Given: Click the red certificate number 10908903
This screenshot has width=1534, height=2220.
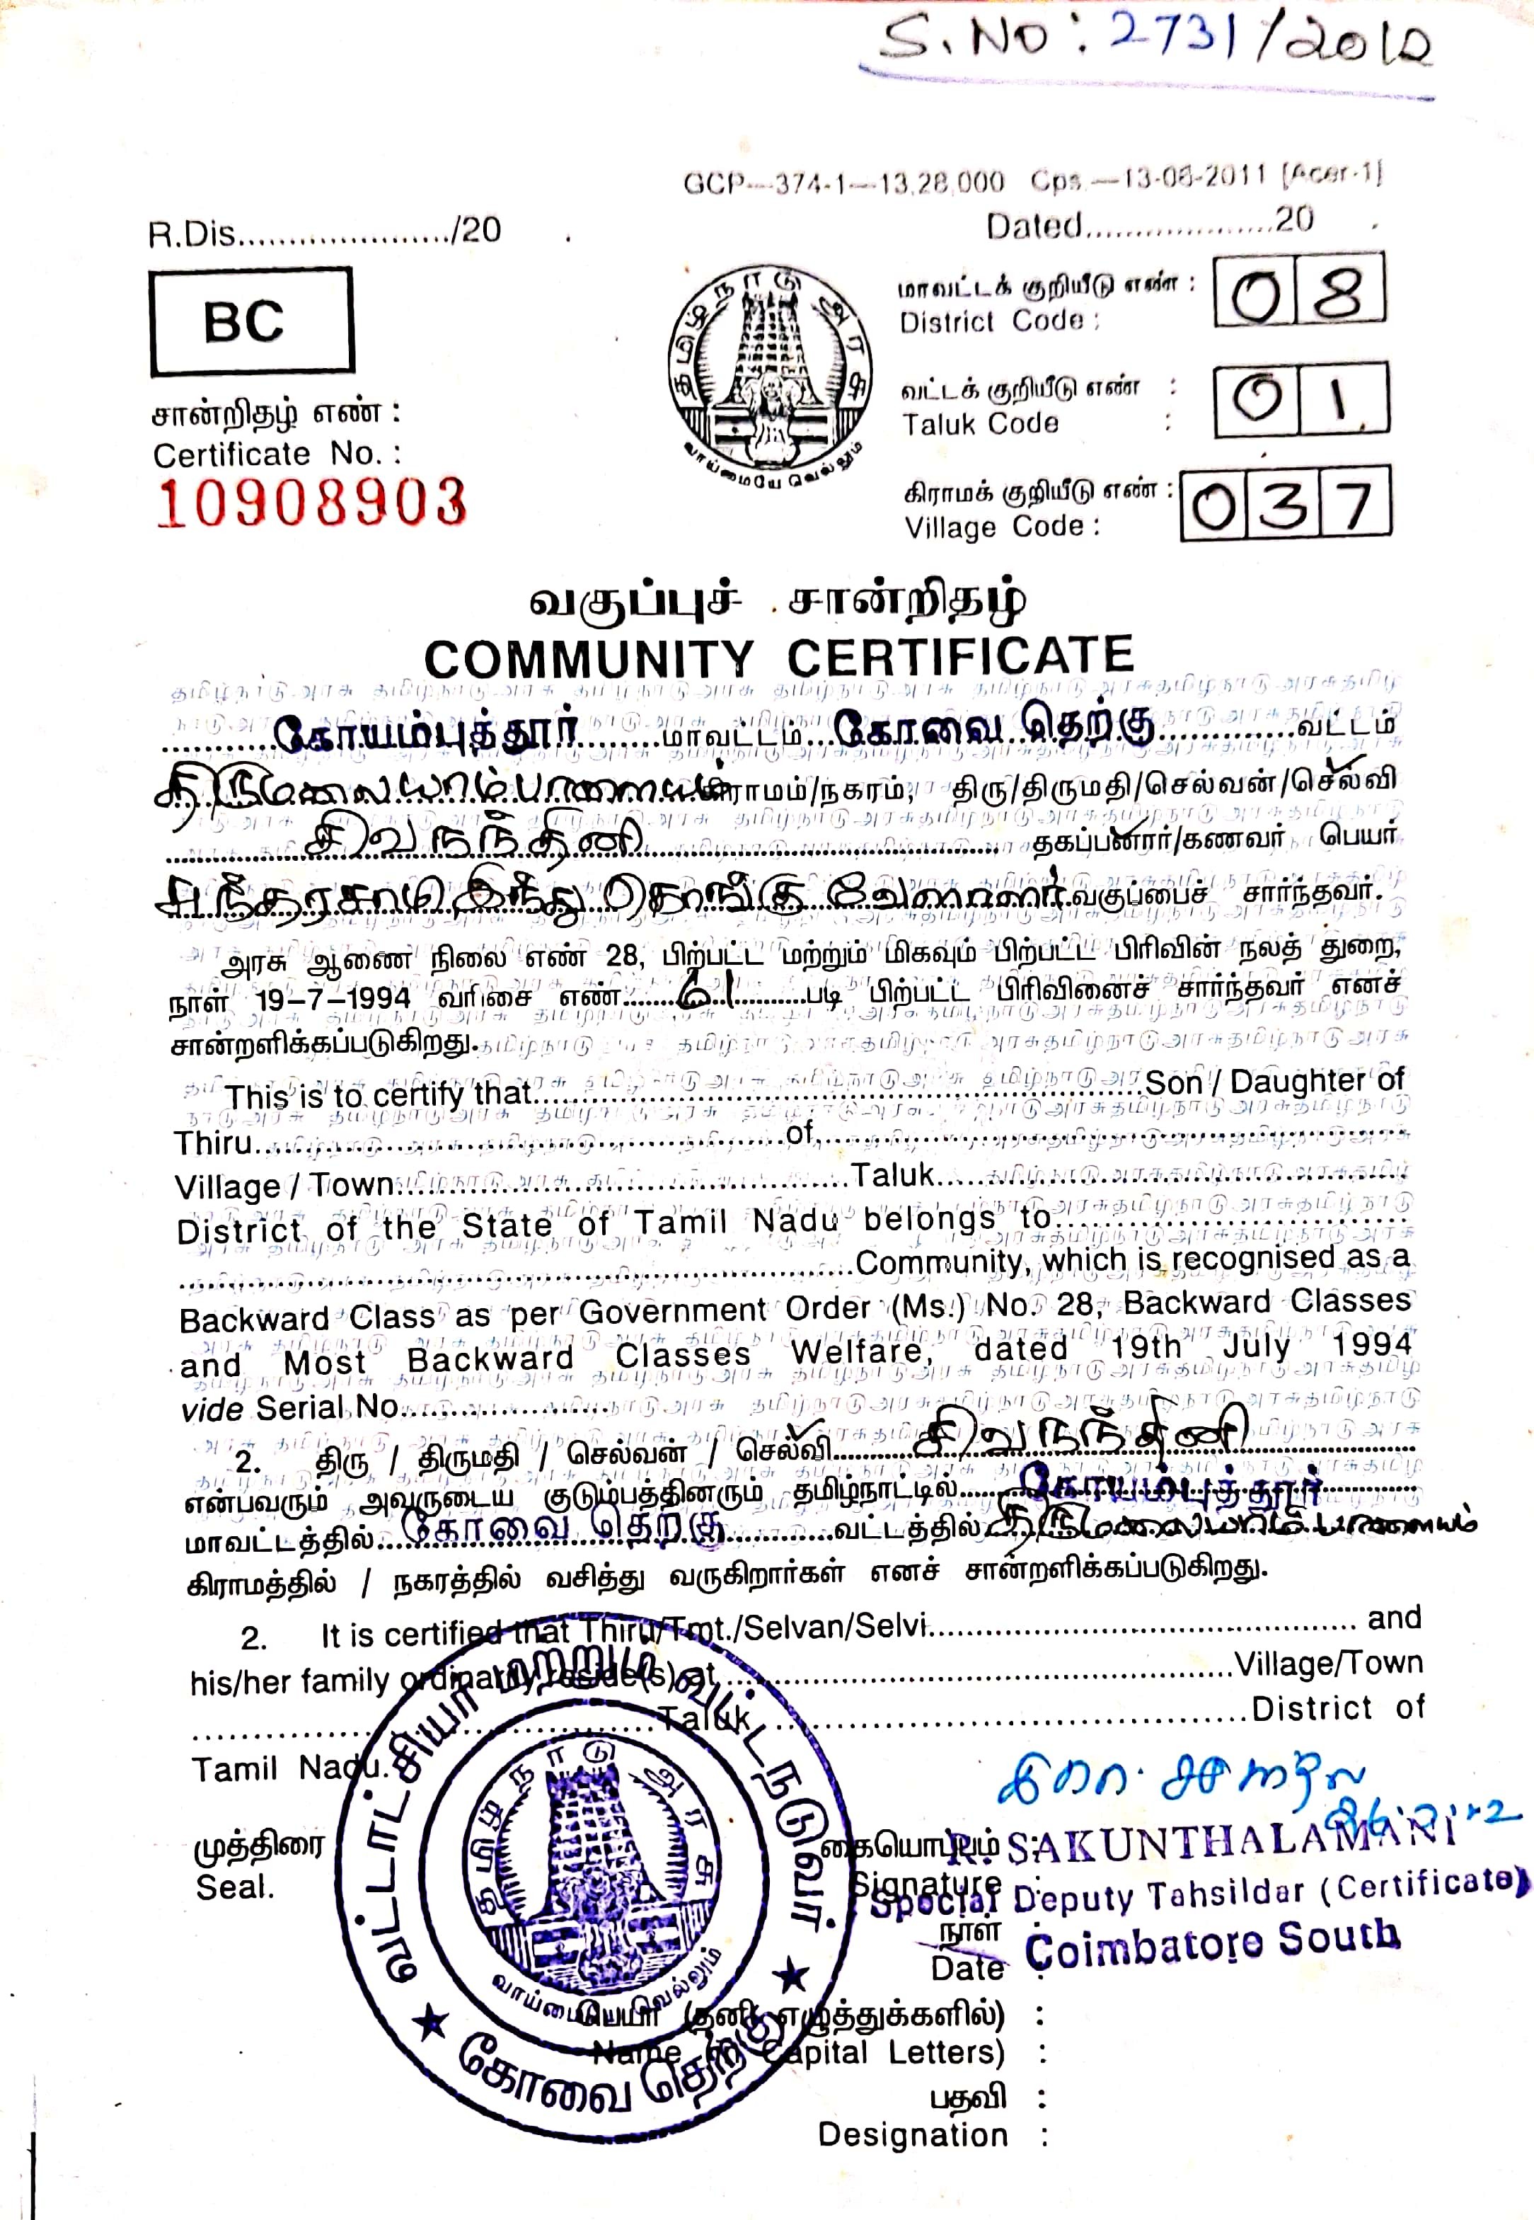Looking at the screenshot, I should (x=311, y=503).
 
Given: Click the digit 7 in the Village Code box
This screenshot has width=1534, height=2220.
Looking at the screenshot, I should (x=1354, y=504).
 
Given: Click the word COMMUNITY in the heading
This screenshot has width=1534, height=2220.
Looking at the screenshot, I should (x=588, y=660).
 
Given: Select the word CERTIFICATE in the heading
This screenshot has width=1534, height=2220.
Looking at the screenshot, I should (x=960, y=657).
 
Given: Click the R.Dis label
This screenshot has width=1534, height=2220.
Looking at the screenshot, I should (x=191, y=234).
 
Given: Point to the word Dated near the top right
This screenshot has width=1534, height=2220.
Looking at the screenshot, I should (x=1033, y=226).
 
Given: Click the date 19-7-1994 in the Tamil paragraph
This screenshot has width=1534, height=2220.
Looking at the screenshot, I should (x=333, y=998).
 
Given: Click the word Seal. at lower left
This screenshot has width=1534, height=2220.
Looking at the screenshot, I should (x=234, y=1887).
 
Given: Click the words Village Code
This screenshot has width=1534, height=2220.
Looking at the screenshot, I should (x=1000, y=527).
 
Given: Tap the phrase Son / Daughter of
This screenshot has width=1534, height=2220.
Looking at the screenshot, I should (x=1274, y=1082).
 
